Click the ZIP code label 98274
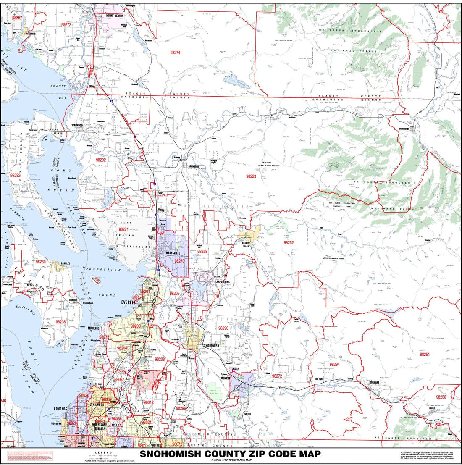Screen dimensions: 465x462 click(x=175, y=53)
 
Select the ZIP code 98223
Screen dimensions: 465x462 click(x=251, y=177)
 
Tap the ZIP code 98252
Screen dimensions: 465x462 click(x=289, y=243)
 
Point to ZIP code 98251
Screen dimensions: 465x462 click(x=425, y=354)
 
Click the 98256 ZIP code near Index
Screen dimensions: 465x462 click(x=441, y=397)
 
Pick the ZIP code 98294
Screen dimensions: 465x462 click(x=334, y=364)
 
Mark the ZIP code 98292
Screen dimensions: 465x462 click(x=101, y=160)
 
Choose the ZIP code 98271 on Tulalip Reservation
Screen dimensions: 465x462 click(x=123, y=229)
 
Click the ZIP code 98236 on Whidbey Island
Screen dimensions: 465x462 click(x=60, y=322)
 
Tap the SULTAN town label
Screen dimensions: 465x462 click(x=318, y=379)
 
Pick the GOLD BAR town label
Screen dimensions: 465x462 click(x=375, y=383)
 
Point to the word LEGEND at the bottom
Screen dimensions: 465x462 click(x=103, y=452)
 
